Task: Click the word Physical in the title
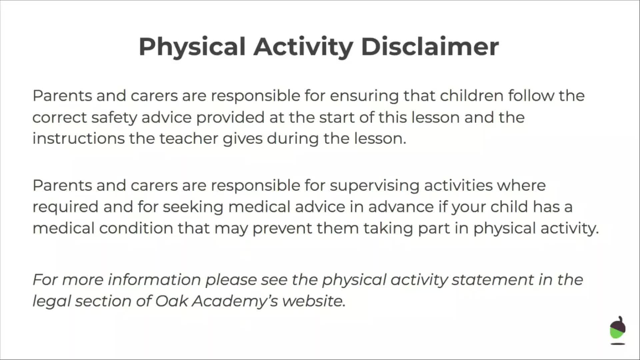click(192, 47)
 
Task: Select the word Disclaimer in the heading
click(430, 47)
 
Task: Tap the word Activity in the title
click(303, 47)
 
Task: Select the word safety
click(114, 118)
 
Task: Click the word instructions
click(78, 139)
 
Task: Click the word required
click(65, 207)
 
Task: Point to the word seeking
click(193, 207)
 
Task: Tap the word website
click(313, 301)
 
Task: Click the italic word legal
click(51, 301)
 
